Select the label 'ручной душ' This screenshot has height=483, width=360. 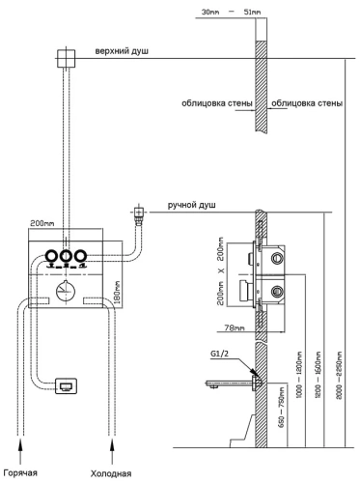coord(193,206)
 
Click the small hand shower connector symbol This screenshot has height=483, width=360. coord(139,211)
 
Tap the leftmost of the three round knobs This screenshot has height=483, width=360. coord(49,257)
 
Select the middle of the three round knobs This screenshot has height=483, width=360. coord(66,257)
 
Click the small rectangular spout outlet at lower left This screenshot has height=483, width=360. coord(68,386)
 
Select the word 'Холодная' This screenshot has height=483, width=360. coord(116,473)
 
